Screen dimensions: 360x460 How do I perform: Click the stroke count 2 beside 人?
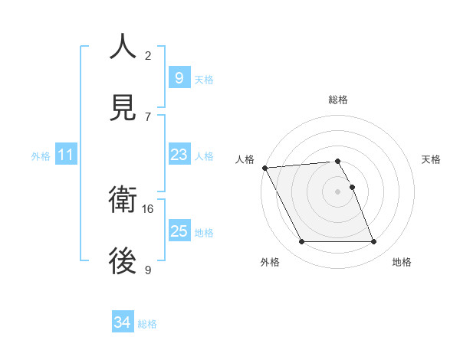pos(148,55)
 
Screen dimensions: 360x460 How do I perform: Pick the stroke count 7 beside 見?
pos(148,116)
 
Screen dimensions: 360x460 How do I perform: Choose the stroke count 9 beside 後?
pos(148,270)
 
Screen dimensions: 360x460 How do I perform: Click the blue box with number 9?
pos(179,77)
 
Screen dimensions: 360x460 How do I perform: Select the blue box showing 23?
pos(179,155)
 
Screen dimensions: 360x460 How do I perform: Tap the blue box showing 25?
pos(179,231)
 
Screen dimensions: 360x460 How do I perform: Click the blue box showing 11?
pos(66,155)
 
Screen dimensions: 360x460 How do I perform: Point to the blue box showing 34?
pos(122,323)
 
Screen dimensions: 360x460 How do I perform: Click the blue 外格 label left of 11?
pos(41,156)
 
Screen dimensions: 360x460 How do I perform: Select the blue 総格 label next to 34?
pos(147,324)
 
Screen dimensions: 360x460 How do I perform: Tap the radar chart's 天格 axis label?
pos(432,159)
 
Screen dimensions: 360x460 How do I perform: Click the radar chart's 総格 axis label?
pos(338,100)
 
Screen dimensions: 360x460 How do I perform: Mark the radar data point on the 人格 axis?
pos(264,168)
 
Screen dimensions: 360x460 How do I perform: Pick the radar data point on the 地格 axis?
pos(374,242)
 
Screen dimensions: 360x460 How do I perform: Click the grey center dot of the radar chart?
pos(338,191)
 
